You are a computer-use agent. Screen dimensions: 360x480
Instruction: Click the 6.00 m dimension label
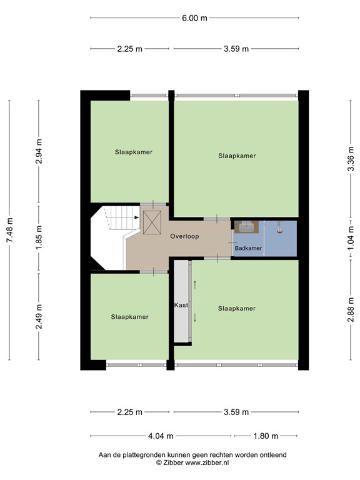(194, 18)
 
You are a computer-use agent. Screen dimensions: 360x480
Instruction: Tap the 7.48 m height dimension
(10, 230)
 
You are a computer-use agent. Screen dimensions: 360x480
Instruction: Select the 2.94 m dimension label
(39, 151)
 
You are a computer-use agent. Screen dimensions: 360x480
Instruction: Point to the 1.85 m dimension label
(39, 237)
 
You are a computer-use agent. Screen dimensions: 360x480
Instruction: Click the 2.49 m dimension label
(39, 316)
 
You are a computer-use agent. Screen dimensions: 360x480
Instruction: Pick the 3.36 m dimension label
(351, 159)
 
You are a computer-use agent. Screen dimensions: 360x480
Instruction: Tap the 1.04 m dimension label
(351, 238)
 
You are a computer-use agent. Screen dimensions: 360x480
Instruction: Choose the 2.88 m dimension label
(351, 309)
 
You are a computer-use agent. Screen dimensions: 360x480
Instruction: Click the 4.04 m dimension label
(161, 436)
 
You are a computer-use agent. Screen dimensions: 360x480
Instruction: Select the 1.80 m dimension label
(266, 436)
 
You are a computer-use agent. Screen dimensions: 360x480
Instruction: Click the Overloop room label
(184, 236)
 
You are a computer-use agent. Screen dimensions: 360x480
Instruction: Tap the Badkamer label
(248, 248)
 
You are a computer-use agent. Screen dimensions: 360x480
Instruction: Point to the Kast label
(181, 305)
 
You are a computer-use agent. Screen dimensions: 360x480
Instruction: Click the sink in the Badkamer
(247, 227)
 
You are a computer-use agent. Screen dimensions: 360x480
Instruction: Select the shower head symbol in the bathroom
(279, 227)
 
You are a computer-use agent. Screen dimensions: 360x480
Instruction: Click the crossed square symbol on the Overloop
(152, 222)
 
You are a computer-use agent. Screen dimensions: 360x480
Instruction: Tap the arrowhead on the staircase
(136, 217)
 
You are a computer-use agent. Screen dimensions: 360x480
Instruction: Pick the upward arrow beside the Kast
(195, 285)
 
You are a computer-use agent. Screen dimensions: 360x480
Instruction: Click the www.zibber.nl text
(207, 462)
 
